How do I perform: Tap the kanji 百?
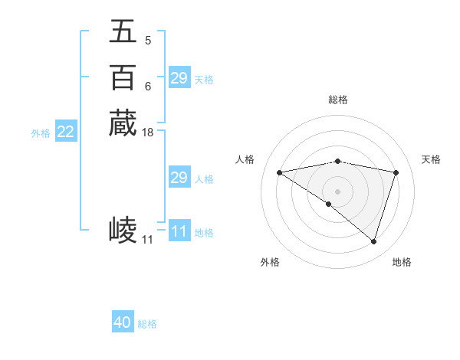tap(123, 78)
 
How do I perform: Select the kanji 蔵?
tap(123, 123)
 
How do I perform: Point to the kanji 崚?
tap(123, 228)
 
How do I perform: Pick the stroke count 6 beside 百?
tap(148, 86)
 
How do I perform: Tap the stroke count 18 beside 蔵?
tap(148, 133)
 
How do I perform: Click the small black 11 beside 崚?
tap(147, 240)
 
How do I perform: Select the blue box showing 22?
tap(66, 133)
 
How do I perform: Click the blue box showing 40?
tap(123, 323)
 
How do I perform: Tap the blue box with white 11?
tap(179, 231)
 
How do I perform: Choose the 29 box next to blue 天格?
tap(179, 78)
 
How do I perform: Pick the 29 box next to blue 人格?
tap(179, 178)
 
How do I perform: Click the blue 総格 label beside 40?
tap(148, 324)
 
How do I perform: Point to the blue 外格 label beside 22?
tap(41, 133)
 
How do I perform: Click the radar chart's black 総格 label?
tap(337, 100)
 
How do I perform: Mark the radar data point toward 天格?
tap(396, 172)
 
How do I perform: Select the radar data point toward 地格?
tap(373, 241)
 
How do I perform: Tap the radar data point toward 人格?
tap(279, 172)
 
